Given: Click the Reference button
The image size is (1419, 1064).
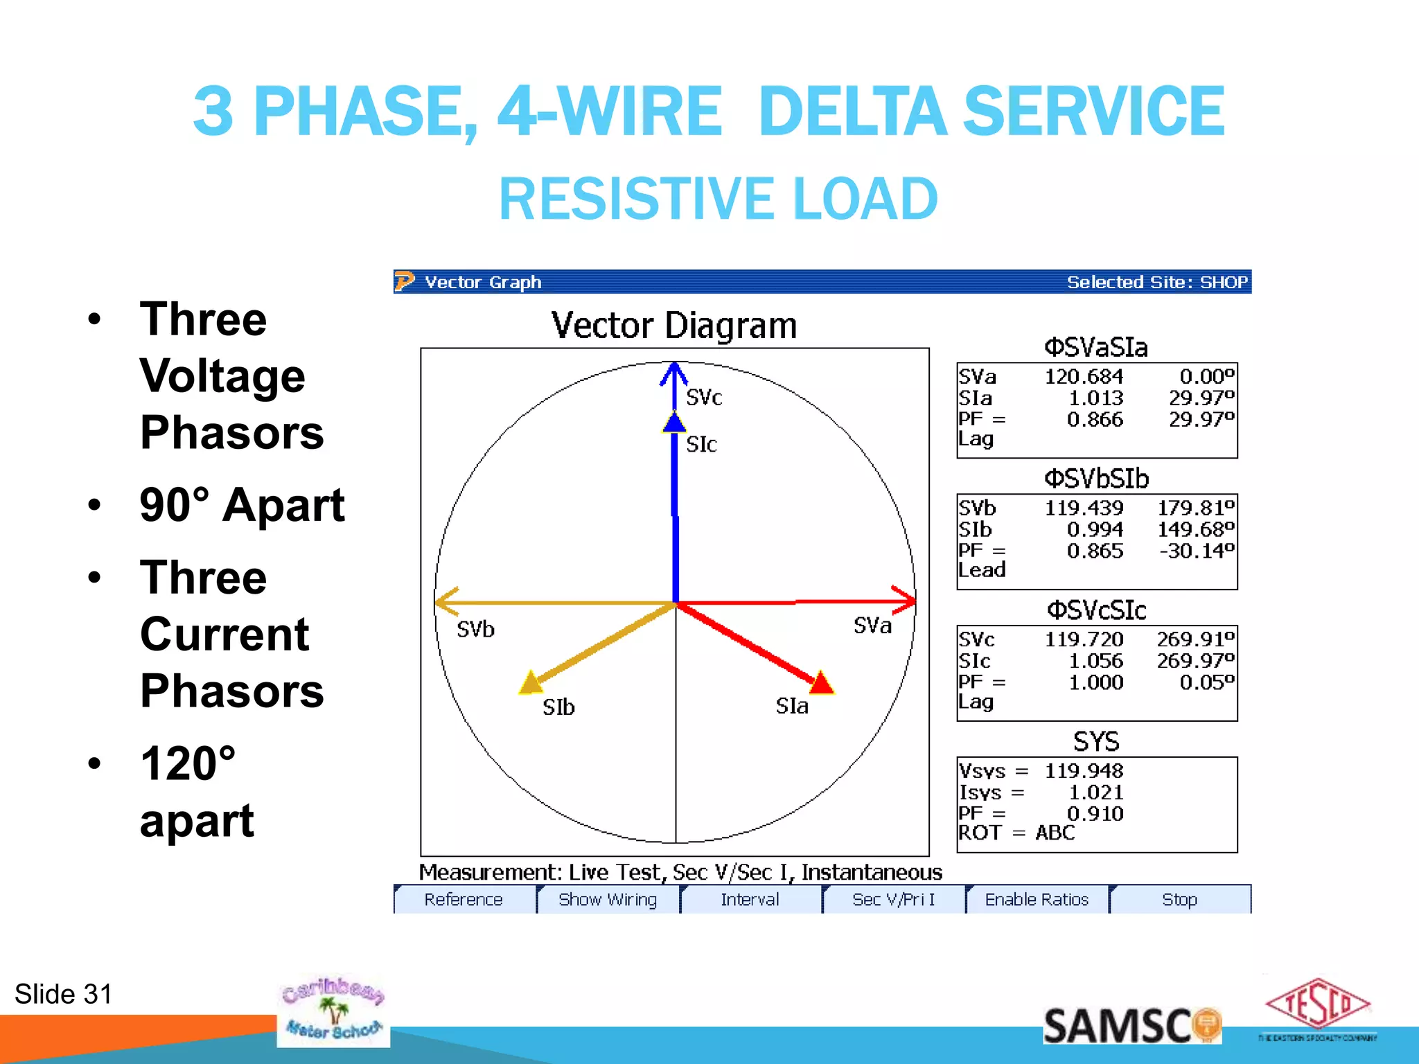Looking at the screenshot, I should (464, 899).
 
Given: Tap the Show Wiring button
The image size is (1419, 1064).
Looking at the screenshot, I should (608, 899).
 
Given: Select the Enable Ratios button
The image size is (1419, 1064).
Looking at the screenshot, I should (1037, 899).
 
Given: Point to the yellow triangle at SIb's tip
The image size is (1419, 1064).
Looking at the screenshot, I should (531, 683).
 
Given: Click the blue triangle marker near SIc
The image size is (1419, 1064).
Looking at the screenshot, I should (673, 423).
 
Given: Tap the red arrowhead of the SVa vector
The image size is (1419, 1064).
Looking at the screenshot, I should (905, 600).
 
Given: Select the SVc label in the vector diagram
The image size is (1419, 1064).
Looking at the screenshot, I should (704, 398).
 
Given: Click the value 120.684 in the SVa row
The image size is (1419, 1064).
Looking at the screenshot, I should (1084, 377).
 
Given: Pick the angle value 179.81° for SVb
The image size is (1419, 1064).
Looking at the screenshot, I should (1196, 508).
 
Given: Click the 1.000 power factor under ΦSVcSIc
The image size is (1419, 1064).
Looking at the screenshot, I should (1095, 682).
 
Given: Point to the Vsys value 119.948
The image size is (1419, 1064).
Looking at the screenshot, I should (1084, 771).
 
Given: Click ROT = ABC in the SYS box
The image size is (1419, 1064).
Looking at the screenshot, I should (1016, 833).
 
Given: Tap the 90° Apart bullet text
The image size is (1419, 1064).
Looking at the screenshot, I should (242, 505).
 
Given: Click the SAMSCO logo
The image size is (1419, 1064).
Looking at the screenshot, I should (1131, 1026).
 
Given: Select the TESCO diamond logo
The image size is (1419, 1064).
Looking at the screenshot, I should (1317, 1004).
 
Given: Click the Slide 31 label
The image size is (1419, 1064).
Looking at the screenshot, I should (63, 994).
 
